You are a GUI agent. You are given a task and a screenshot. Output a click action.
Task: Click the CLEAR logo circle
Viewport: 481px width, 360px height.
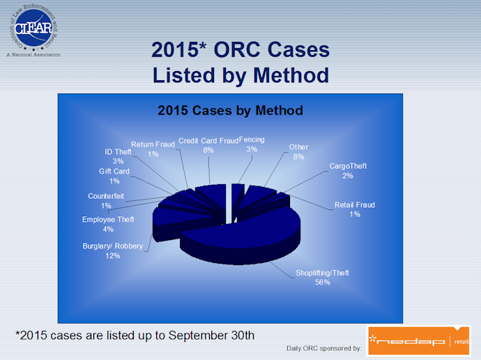coord(33,28)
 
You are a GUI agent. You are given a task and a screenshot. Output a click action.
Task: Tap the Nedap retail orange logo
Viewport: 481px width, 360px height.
coord(419,340)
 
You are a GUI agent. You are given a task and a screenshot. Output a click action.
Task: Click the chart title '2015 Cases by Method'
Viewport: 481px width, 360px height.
coord(230,110)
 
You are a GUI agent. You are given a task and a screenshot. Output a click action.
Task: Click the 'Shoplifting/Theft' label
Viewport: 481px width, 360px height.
coord(322,273)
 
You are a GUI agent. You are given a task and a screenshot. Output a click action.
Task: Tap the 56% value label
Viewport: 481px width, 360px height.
coord(323,283)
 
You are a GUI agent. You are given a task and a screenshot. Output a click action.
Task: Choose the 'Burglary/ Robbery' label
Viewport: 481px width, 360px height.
coord(113,246)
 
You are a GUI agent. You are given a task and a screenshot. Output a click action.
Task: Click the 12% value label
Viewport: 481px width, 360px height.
coord(112,255)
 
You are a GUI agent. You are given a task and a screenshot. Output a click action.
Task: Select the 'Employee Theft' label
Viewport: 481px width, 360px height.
coord(108,220)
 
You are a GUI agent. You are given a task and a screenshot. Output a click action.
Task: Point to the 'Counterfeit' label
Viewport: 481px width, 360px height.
coord(106,196)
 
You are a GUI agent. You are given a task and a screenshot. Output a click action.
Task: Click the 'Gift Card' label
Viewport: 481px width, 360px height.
coord(114,171)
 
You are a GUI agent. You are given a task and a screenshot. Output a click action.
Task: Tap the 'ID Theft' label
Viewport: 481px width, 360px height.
coord(118,152)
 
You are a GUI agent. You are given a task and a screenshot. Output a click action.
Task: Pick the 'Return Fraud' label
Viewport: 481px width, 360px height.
coord(153,144)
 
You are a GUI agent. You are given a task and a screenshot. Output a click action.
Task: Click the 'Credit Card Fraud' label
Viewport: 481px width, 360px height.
coord(208,141)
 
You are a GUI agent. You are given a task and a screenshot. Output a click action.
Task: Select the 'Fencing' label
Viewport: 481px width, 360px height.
coord(252,140)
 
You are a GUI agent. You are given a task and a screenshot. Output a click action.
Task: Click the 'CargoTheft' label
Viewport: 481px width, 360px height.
coord(348,166)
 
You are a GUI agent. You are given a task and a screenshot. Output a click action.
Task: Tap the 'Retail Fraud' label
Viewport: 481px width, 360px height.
coord(355,204)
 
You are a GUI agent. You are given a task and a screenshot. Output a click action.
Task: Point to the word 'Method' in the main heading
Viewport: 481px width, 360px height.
coord(291,75)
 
